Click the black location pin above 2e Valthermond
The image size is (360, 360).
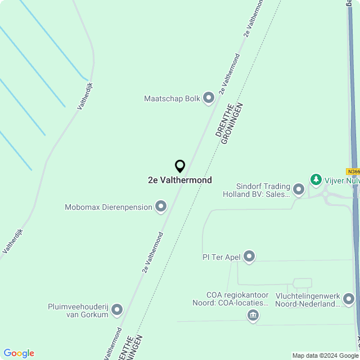pos(180,166)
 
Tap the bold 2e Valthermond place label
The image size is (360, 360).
pos(180,180)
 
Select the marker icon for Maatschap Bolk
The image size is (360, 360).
pos(209,98)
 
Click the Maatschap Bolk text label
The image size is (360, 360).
pos(172,98)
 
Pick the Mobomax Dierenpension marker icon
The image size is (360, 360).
pos(161,207)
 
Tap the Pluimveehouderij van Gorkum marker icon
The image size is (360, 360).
pos(117,309)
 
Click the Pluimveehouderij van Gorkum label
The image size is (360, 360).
pos(78,310)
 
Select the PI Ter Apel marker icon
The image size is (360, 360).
pos(249,257)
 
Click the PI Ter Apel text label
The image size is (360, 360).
pos(222,257)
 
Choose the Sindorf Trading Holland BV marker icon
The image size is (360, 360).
pos(299,190)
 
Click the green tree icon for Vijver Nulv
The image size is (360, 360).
pos(316,180)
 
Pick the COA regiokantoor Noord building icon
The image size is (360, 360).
pos(253,316)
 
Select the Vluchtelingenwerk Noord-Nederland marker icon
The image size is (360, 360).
pos(349,299)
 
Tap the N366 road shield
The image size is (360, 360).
pos(353,172)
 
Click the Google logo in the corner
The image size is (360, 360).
pos(19,353)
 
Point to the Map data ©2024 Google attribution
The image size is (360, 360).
pos(325,355)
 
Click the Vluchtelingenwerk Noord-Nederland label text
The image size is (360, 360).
pos(308,300)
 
